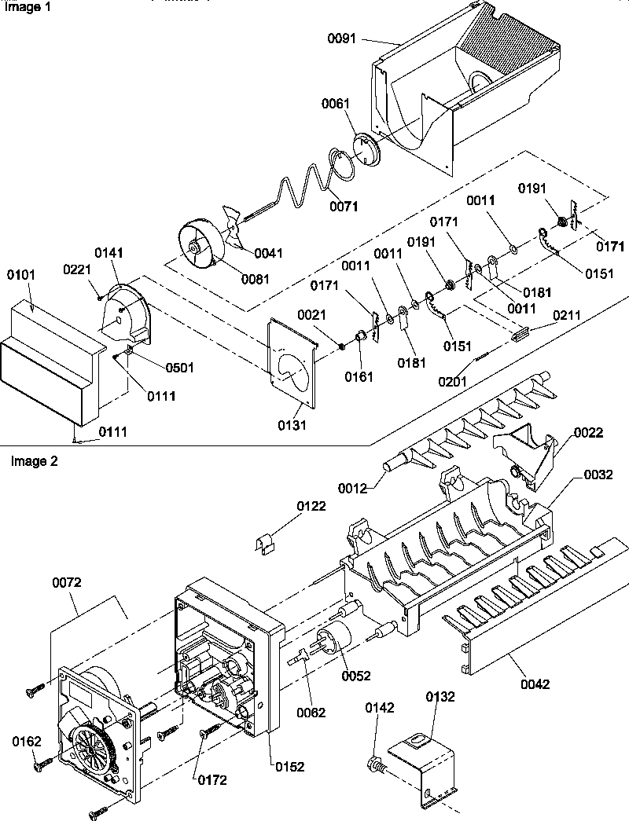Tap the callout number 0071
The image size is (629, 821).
point(344,207)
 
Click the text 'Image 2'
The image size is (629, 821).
point(34,461)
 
